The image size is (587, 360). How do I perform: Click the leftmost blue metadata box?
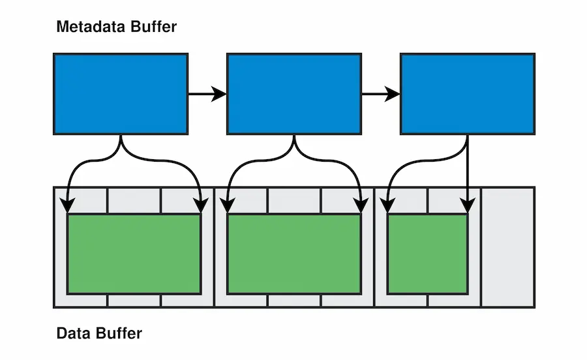[x=121, y=94]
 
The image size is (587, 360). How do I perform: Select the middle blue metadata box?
[x=294, y=94]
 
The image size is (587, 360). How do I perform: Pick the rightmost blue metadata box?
[x=468, y=94]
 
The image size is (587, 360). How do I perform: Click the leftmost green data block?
[x=134, y=254]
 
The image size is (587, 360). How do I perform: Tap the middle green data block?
[x=294, y=254]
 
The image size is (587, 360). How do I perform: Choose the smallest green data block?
[x=428, y=254]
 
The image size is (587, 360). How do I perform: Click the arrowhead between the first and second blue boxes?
[x=218, y=94]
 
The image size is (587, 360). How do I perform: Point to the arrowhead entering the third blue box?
[x=392, y=94]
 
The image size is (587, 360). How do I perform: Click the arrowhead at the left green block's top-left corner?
[x=67, y=206]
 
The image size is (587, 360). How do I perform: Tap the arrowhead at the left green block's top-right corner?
[x=201, y=206]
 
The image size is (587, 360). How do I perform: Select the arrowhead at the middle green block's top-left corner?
[x=228, y=206]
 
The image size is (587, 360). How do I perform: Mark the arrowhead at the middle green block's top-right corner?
[x=361, y=206]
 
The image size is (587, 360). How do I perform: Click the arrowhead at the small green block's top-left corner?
[x=387, y=206]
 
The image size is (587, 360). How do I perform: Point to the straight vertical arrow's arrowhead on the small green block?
[x=468, y=206]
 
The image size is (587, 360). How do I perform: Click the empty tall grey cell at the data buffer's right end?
[x=507, y=247]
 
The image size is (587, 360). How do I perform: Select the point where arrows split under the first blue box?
[x=121, y=144]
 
